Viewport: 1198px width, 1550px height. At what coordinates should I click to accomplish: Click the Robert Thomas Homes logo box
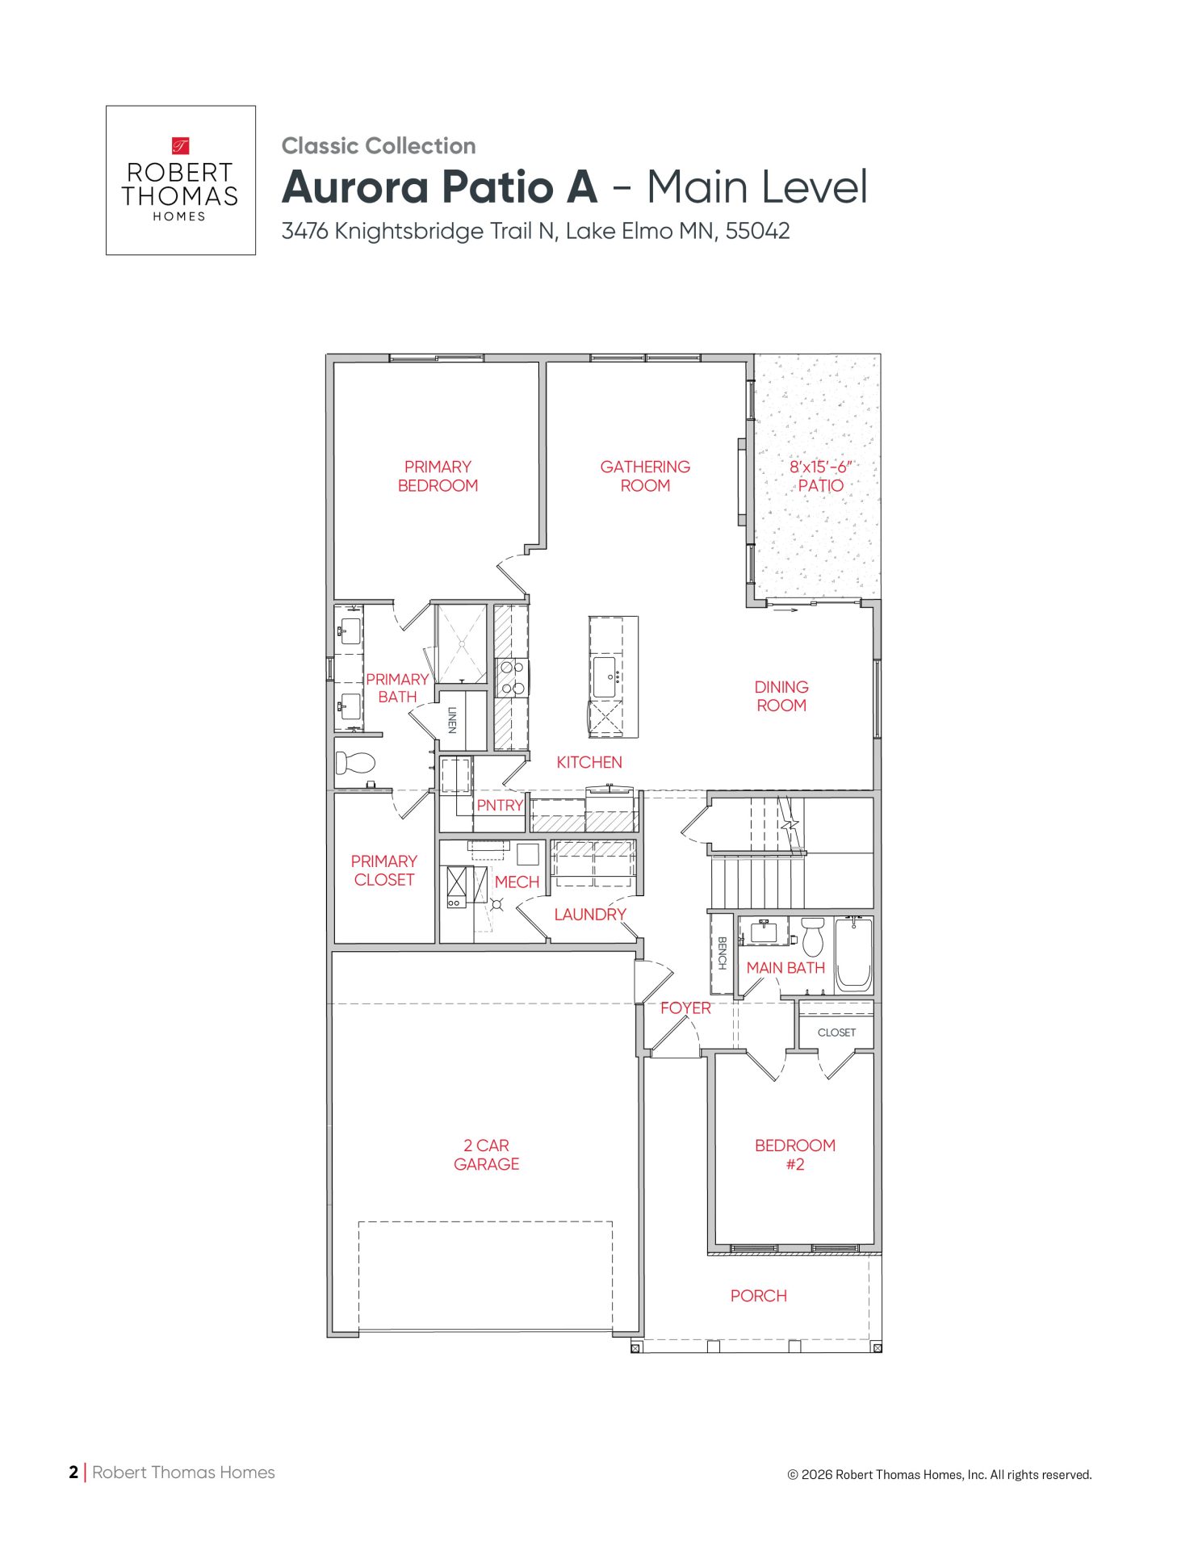181,180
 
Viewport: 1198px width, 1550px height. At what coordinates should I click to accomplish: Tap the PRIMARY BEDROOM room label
438,476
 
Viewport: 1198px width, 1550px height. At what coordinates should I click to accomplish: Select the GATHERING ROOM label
645,476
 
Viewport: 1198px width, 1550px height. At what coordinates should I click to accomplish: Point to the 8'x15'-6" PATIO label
821,476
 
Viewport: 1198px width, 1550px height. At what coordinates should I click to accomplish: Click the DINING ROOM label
781,696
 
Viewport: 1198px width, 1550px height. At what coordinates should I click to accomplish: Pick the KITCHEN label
589,762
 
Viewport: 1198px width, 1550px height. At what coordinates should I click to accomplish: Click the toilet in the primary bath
356,762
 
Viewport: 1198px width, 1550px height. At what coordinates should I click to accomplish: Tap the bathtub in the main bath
853,953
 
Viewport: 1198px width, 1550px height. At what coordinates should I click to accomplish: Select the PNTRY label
500,806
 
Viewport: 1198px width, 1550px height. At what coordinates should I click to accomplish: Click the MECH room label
517,882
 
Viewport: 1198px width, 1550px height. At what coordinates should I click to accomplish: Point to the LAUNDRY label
590,915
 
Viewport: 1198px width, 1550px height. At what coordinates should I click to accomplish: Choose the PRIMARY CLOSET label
384,870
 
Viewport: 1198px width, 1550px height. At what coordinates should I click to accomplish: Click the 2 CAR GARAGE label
486,1154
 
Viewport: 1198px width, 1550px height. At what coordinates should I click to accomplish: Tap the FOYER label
685,1008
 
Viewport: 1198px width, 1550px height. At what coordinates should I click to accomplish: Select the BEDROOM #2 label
795,1154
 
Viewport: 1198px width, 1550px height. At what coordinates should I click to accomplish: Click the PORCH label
758,1296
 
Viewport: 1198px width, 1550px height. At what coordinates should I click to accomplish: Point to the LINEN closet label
452,720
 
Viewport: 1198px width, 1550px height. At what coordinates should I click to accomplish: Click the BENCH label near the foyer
723,953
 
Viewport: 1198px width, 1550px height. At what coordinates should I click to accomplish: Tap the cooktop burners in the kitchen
512,678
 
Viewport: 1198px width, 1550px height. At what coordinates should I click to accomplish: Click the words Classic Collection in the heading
379,146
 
